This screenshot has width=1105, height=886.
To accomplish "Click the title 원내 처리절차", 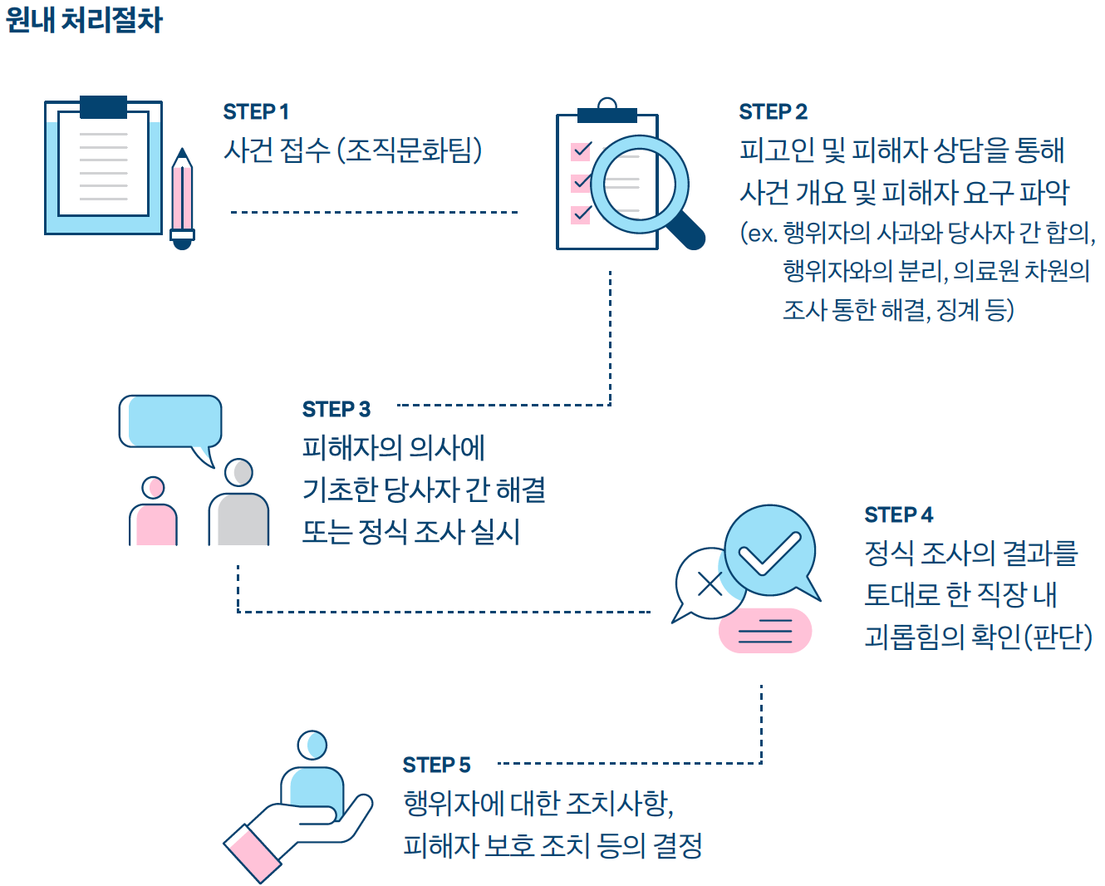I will click(x=84, y=20).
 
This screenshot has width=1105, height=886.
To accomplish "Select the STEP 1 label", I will click(x=256, y=111).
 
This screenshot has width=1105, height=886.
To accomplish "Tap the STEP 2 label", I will click(x=773, y=111).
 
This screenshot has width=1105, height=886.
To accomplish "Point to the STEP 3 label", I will click(x=336, y=409).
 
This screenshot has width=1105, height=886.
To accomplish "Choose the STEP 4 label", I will click(x=898, y=514).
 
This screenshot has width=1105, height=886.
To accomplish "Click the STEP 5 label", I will click(x=436, y=765).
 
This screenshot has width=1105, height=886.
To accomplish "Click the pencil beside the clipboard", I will click(x=182, y=199).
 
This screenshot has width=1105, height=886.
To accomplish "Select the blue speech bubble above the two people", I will click(x=171, y=421).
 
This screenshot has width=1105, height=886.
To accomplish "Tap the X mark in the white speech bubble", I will click(x=710, y=583).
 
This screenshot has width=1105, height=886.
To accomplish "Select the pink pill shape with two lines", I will click(x=764, y=631).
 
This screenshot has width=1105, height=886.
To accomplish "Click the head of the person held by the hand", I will click(x=312, y=746).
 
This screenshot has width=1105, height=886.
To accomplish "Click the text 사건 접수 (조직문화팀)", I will click(x=353, y=150).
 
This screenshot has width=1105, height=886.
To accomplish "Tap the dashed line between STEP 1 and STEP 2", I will click(x=374, y=212).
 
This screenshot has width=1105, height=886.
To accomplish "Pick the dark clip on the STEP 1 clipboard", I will click(x=104, y=106).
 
